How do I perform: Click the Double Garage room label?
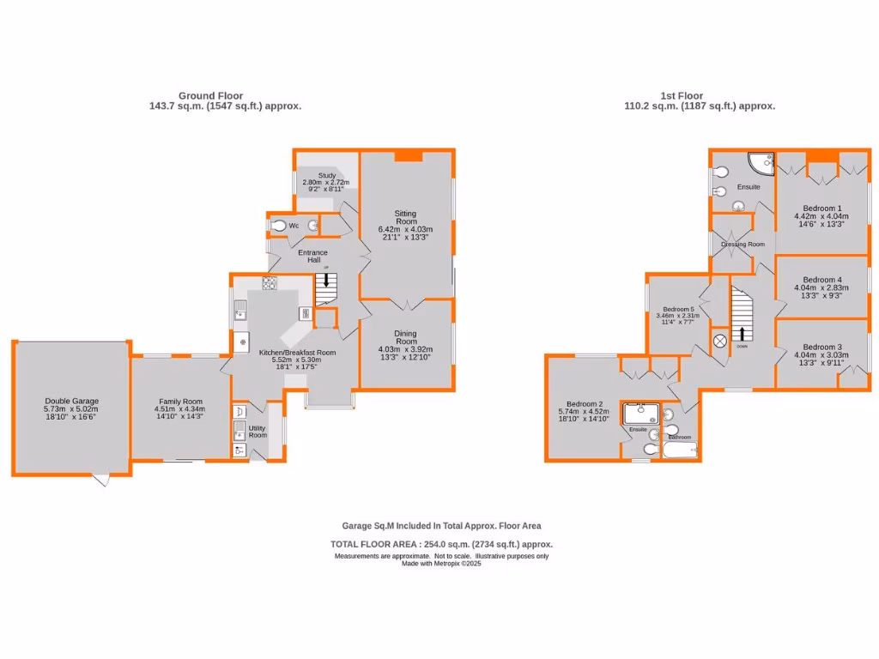coord(72,401)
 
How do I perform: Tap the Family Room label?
coord(179,401)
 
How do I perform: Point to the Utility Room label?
coord(258,431)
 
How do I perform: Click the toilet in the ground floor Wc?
coord(278,226)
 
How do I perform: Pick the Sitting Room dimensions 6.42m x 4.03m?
coord(405,229)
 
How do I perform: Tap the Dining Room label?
coord(405,337)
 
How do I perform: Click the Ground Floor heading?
coord(210,96)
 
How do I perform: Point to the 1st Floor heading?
coord(682,96)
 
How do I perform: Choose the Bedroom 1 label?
coord(822,208)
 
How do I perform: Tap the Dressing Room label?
coord(743,245)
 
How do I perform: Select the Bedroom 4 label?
coord(822,280)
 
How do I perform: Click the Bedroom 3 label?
coord(822,347)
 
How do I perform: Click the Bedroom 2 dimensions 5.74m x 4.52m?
coord(587,412)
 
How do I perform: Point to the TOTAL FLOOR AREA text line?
coord(441,544)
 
